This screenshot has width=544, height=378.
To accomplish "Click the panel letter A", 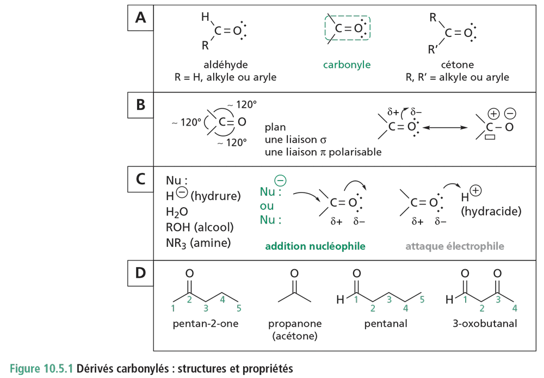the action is pos(140,19).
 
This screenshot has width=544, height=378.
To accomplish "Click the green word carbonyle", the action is pos(347,65).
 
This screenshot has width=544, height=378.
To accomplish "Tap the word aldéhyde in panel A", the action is pos(225,65).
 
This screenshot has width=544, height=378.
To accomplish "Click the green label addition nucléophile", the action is pos(315,247).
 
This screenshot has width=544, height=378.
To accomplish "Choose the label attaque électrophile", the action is pos(455,247).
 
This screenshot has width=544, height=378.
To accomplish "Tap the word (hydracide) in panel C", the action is pos(491,212).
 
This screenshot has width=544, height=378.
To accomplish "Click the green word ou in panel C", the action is pos(267,207).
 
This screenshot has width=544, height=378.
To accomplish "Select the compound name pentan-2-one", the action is pos(204,325).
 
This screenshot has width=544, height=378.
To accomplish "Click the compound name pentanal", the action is pos(385,325).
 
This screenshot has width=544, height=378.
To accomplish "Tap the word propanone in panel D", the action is pos(294,324).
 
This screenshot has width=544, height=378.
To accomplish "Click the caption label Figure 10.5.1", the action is pos(41,369).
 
